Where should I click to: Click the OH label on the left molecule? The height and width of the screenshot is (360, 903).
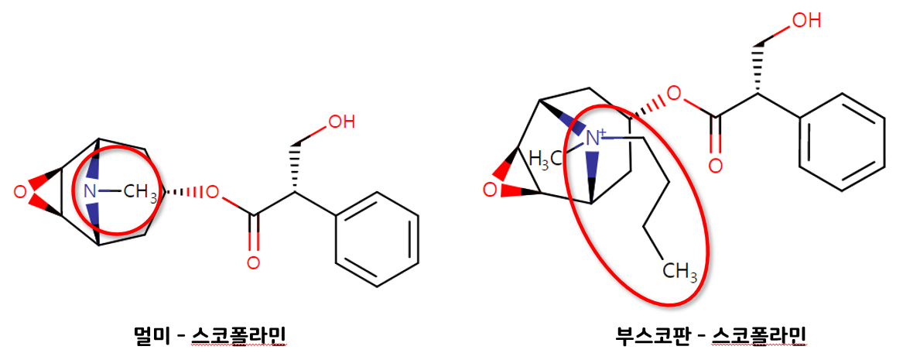coord(342,122)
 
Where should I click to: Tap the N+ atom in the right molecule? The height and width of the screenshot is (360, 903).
coord(595,138)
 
